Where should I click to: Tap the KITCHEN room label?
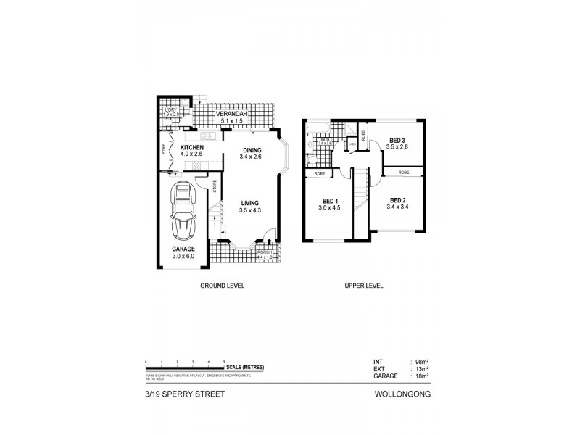pyautogui.click(x=191, y=147)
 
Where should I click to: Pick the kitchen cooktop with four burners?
pyautogui.click(x=196, y=165)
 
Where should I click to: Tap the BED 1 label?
pyautogui.click(x=329, y=201)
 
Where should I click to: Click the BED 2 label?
pyautogui.click(x=397, y=200)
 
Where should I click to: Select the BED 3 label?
pyautogui.click(x=396, y=140)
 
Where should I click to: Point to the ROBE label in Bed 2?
pyautogui.click(x=404, y=173)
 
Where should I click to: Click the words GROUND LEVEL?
pyautogui.click(x=222, y=286)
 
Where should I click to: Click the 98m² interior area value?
pyautogui.click(x=419, y=361)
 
